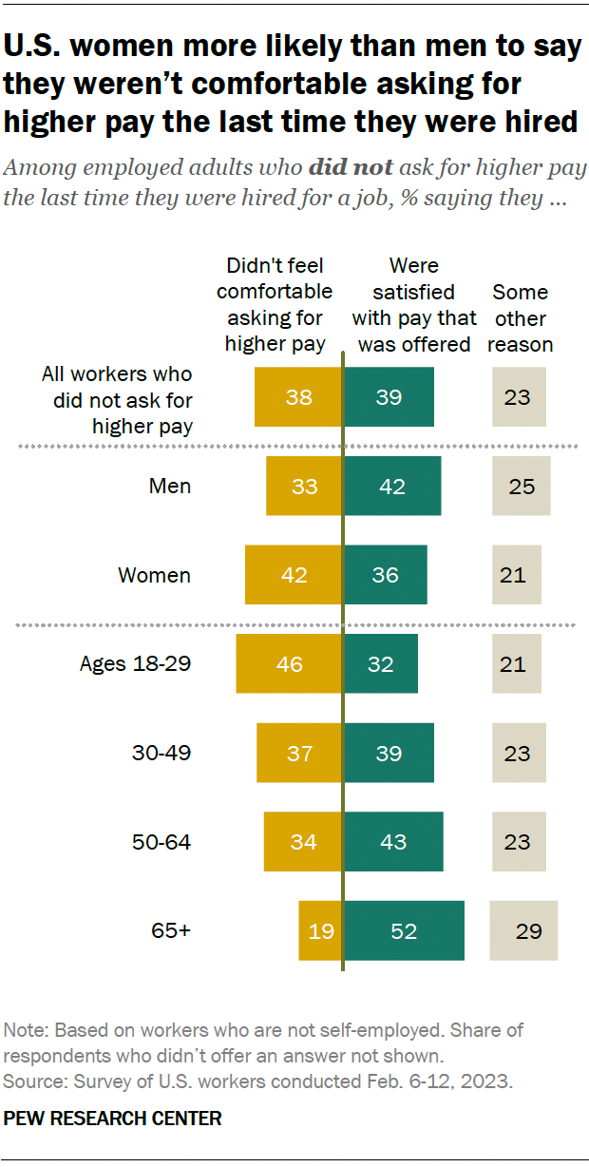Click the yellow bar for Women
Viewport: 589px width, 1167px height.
pyautogui.click(x=294, y=575)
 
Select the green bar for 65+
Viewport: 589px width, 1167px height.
pyautogui.click(x=404, y=931)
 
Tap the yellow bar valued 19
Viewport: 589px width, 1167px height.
pyautogui.click(x=320, y=931)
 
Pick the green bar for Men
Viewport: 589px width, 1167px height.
pyautogui.click(x=391, y=487)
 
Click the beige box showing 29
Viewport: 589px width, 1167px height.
pyautogui.click(x=523, y=931)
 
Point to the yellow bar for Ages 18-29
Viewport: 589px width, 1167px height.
pyautogui.click(x=289, y=663)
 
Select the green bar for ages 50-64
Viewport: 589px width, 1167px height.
pyautogui.click(x=393, y=842)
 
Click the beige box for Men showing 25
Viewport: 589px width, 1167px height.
pyautogui.click(x=522, y=487)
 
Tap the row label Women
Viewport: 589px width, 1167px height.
pyautogui.click(x=154, y=575)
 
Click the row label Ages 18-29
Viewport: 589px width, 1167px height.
pyautogui.click(x=135, y=663)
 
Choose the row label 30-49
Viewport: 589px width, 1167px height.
pyautogui.click(x=161, y=753)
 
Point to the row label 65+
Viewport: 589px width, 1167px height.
pyautogui.click(x=173, y=931)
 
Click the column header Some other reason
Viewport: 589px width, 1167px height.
pyautogui.click(x=521, y=318)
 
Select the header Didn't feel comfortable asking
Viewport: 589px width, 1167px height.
pyautogui.click(x=275, y=305)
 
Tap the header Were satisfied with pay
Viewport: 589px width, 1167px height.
pyautogui.click(x=414, y=305)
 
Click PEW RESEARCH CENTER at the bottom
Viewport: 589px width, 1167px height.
pyautogui.click(x=113, y=1119)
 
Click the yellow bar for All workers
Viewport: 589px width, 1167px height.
pyautogui.click(x=298, y=397)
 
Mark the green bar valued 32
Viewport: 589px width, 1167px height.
pyautogui.click(x=380, y=663)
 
